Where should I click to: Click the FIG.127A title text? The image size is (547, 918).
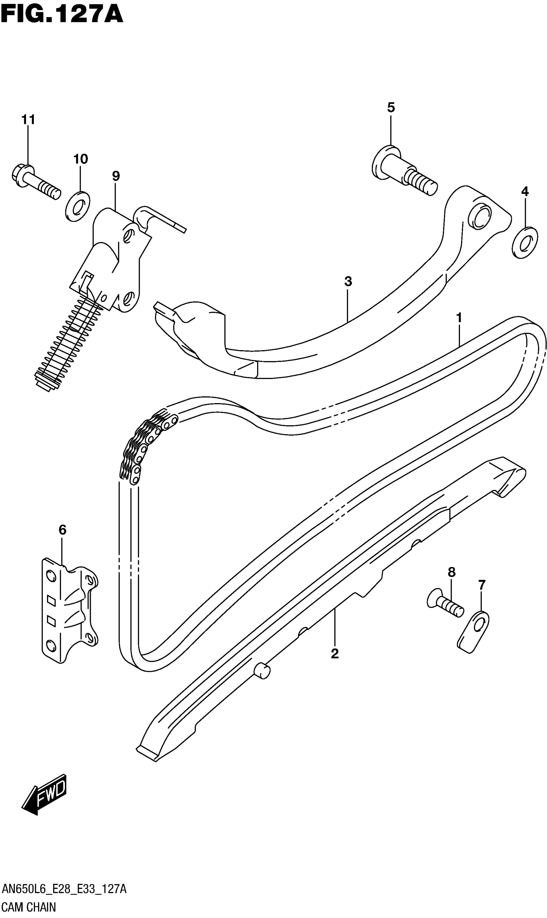[61, 15]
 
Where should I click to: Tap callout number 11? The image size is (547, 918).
[28, 119]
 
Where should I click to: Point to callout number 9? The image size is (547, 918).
[116, 176]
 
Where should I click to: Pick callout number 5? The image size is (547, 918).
[391, 107]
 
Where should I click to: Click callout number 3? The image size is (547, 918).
[348, 281]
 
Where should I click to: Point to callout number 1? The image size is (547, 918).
[459, 317]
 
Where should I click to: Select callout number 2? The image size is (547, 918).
[334, 654]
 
